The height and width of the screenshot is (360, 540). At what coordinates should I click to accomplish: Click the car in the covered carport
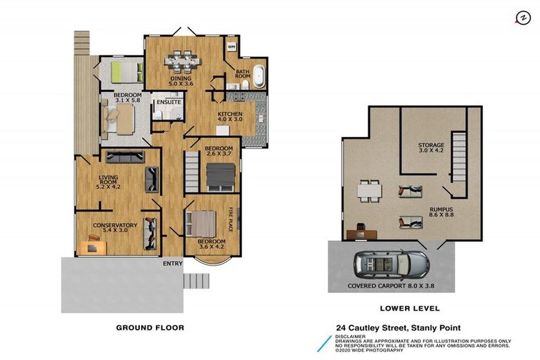click(x=391, y=264)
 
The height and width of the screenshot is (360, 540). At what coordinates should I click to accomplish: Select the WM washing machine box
click(x=231, y=46)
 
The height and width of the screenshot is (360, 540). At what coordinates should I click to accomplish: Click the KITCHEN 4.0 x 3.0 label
click(x=229, y=117)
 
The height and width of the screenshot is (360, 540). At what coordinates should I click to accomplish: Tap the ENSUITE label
click(x=169, y=103)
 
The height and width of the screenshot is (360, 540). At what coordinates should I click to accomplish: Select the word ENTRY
click(x=172, y=264)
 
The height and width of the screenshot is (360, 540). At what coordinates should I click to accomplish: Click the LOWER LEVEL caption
click(x=409, y=308)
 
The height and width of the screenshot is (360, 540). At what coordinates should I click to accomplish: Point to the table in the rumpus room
click(x=368, y=190)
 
